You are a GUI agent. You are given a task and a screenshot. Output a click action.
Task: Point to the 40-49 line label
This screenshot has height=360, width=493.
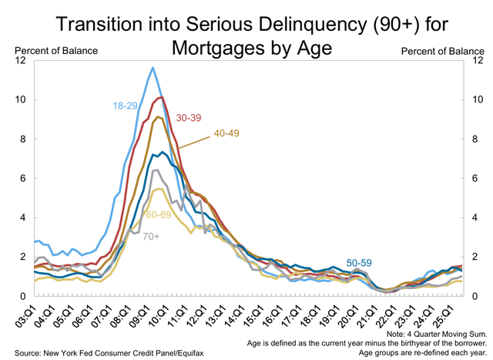click(227, 133)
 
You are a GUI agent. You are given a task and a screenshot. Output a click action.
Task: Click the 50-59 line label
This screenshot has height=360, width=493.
click(359, 263)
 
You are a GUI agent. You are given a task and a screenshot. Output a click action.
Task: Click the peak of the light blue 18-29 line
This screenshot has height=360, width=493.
click(153, 68)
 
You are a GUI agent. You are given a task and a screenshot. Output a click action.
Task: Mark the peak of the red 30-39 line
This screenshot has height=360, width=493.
click(160, 97)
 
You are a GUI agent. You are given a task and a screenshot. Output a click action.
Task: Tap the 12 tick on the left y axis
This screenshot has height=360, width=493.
click(25, 61)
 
